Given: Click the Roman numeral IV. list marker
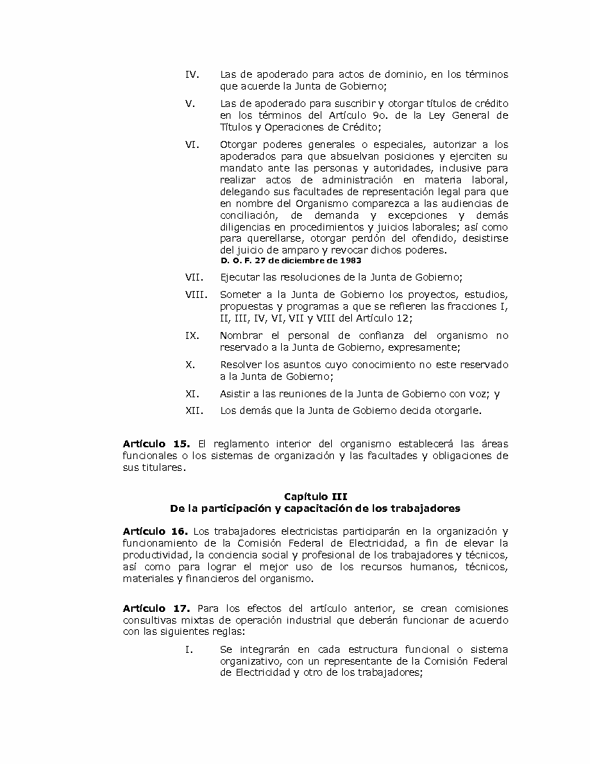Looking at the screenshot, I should pyautogui.click(x=192, y=74).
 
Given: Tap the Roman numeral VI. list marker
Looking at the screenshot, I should pyautogui.click(x=192, y=144).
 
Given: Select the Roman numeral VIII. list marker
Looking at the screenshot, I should pyautogui.click(x=196, y=294).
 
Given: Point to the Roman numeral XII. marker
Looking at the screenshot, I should pyautogui.click(x=194, y=410).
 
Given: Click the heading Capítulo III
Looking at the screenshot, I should pyautogui.click(x=316, y=496).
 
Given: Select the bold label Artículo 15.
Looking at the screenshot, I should pyautogui.click(x=156, y=444).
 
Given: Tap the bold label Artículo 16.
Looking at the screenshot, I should pyautogui.click(x=156, y=531).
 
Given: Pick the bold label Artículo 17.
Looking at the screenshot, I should pyautogui.click(x=156, y=608).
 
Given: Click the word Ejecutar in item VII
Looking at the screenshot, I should pyautogui.click(x=240, y=277).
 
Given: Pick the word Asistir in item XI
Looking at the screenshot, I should pyautogui.click(x=235, y=394).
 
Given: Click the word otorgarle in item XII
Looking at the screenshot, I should pyautogui.click(x=457, y=410).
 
